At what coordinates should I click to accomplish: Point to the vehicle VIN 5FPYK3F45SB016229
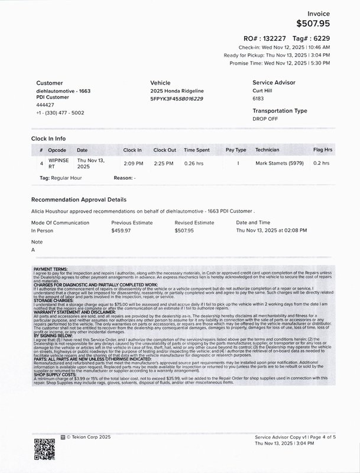[177, 99]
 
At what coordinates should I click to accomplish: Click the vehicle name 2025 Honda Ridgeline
[176, 92]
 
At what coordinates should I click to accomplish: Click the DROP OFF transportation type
[265, 119]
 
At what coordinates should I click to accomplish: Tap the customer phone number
[60, 112]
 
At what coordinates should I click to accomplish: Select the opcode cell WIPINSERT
[59, 163]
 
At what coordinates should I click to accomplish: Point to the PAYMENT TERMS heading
[50, 269]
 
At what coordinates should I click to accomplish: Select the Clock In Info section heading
[53, 138]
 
